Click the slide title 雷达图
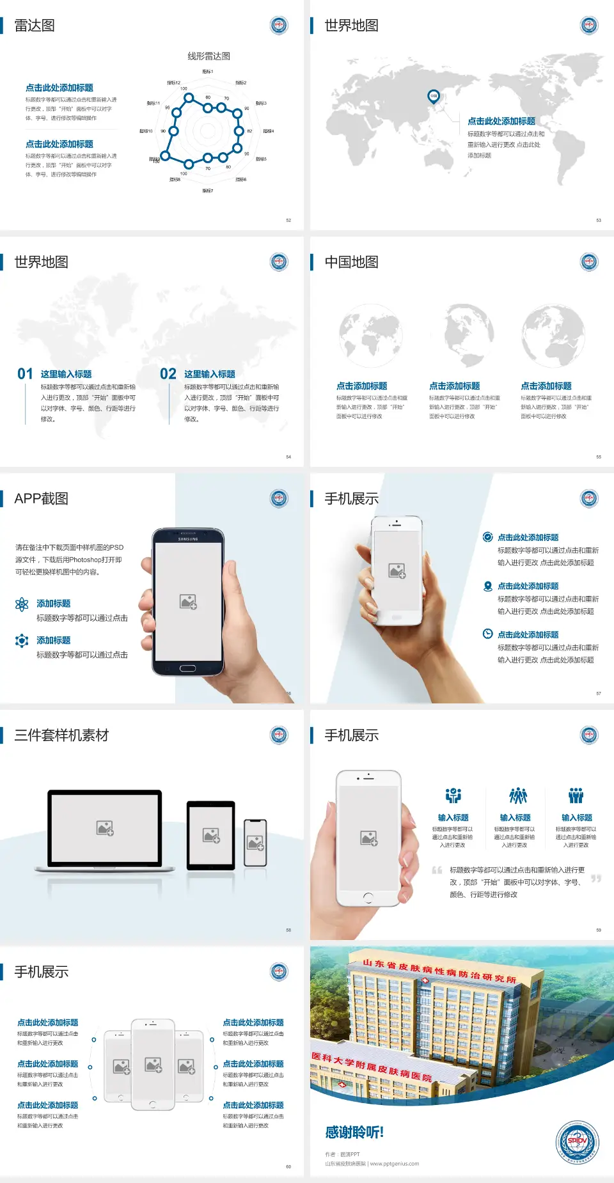click(x=35, y=26)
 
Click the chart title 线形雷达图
click(x=209, y=56)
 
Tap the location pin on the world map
click(x=434, y=97)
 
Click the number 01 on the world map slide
click(x=25, y=374)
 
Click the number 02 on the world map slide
click(x=168, y=374)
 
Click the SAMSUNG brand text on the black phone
click(x=188, y=539)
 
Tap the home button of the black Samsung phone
click(x=187, y=668)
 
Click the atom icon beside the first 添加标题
click(x=22, y=604)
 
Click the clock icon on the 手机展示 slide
click(x=487, y=634)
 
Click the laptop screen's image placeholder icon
click(x=105, y=828)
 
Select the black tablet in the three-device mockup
click(x=210, y=834)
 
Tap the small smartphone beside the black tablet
click(x=255, y=843)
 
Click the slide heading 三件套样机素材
click(x=61, y=735)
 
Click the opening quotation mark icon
click(x=437, y=870)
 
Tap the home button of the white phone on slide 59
click(x=368, y=897)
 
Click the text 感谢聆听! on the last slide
click(x=354, y=1132)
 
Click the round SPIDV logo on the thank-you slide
click(x=577, y=1142)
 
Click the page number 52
click(x=288, y=220)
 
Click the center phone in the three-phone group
click(x=153, y=1065)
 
